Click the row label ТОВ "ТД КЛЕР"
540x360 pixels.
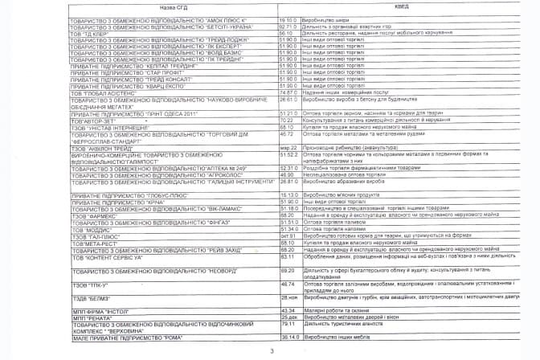[88, 33]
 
